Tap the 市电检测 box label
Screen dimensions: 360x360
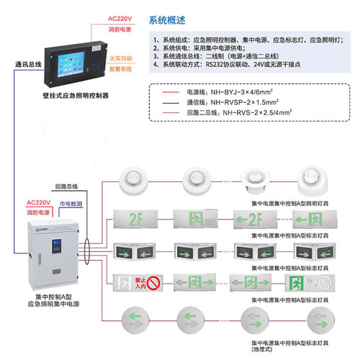click(x=70, y=204)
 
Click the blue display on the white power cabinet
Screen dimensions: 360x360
click(x=53, y=247)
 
